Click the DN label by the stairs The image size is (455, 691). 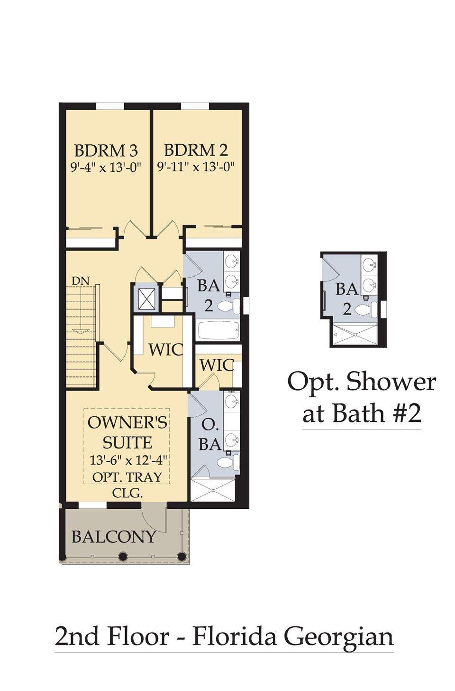point(81,280)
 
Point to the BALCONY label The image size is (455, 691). point(113,536)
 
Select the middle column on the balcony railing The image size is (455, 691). point(123,556)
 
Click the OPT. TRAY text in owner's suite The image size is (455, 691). point(127,476)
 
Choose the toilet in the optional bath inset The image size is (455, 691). point(365,310)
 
